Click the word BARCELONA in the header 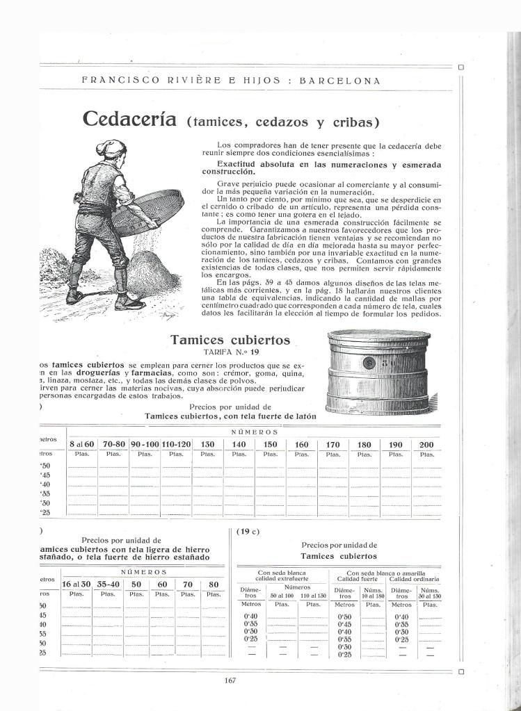(x=339, y=80)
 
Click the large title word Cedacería (x=131, y=119)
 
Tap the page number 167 (x=232, y=680)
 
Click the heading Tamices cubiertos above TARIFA (x=230, y=340)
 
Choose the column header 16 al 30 (x=77, y=585)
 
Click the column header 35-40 (x=108, y=585)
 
